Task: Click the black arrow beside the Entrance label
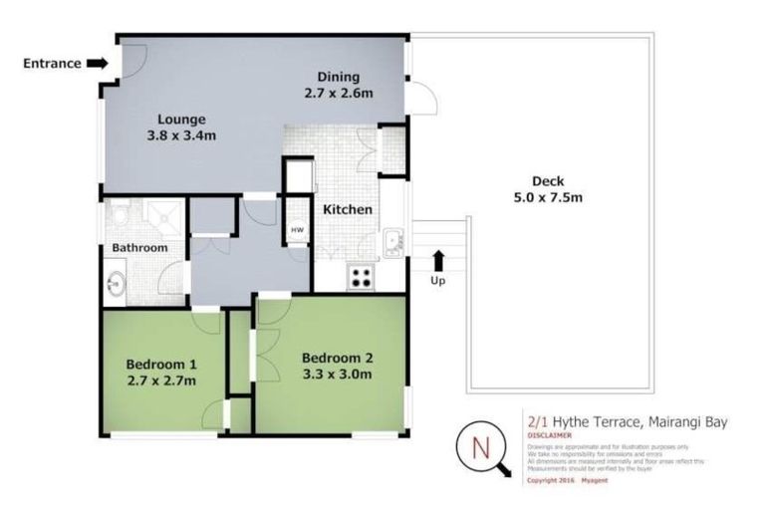point(97,63)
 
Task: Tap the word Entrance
point(52,63)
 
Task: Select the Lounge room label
point(181,120)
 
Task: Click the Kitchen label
point(346,210)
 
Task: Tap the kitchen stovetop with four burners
point(360,278)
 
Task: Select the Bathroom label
point(139,247)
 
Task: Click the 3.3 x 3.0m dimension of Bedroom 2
point(337,376)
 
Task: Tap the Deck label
point(547,180)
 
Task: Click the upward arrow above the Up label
point(437,261)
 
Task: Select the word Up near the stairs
point(437,280)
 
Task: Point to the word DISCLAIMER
point(550,435)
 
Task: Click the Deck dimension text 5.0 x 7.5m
point(547,197)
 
